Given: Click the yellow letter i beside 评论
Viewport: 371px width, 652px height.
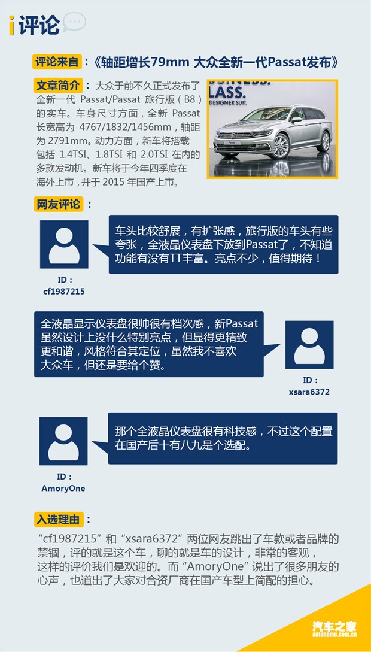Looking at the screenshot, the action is (11, 25).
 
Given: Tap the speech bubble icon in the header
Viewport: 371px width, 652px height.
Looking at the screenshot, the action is (74, 22).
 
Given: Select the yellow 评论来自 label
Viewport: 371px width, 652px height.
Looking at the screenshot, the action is (57, 62).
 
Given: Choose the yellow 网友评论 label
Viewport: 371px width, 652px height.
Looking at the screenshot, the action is (58, 204).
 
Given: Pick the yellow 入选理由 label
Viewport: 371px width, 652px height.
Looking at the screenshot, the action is (58, 519).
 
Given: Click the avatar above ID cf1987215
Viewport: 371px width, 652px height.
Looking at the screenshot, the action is (64, 244).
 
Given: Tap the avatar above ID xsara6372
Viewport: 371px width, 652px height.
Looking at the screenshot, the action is (309, 345).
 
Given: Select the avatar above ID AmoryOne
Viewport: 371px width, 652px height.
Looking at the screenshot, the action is (63, 441).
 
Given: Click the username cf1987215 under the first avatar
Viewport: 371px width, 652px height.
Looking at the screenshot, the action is (64, 292).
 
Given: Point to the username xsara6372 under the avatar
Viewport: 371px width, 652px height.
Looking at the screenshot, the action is (309, 392).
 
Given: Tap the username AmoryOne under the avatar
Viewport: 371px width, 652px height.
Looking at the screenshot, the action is (63, 489).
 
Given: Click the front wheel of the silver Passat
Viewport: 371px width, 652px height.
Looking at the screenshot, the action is (281, 146).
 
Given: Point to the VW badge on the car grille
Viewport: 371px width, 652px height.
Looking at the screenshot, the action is (233, 134).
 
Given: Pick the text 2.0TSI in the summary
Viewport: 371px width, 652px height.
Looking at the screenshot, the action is (153, 155).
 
